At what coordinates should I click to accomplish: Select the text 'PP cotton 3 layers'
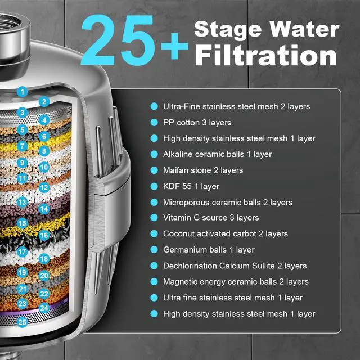click(x=197, y=122)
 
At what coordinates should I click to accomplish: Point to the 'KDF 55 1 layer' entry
click(x=191, y=186)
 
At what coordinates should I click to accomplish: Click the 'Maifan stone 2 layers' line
click(x=203, y=170)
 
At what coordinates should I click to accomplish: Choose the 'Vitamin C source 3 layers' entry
click(x=211, y=218)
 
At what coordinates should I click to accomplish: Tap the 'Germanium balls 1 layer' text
click(x=209, y=250)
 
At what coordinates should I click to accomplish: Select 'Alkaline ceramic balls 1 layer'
click(x=217, y=154)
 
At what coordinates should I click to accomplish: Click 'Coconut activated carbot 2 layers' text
click(x=226, y=233)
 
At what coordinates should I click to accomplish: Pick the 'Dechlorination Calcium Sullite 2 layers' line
click(x=235, y=265)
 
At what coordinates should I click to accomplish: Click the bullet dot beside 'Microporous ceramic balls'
click(x=154, y=202)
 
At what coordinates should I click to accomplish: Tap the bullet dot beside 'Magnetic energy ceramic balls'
click(x=154, y=282)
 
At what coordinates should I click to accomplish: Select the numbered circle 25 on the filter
click(x=22, y=322)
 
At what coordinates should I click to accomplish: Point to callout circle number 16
click(x=44, y=236)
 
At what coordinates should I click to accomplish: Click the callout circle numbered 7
click(x=22, y=146)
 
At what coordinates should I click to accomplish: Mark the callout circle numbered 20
click(x=44, y=276)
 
